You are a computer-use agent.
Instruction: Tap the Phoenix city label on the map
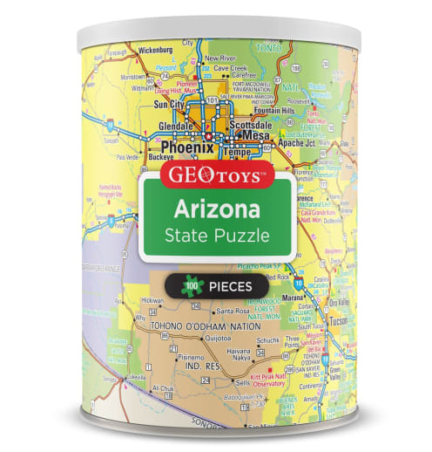coord(182,148)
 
